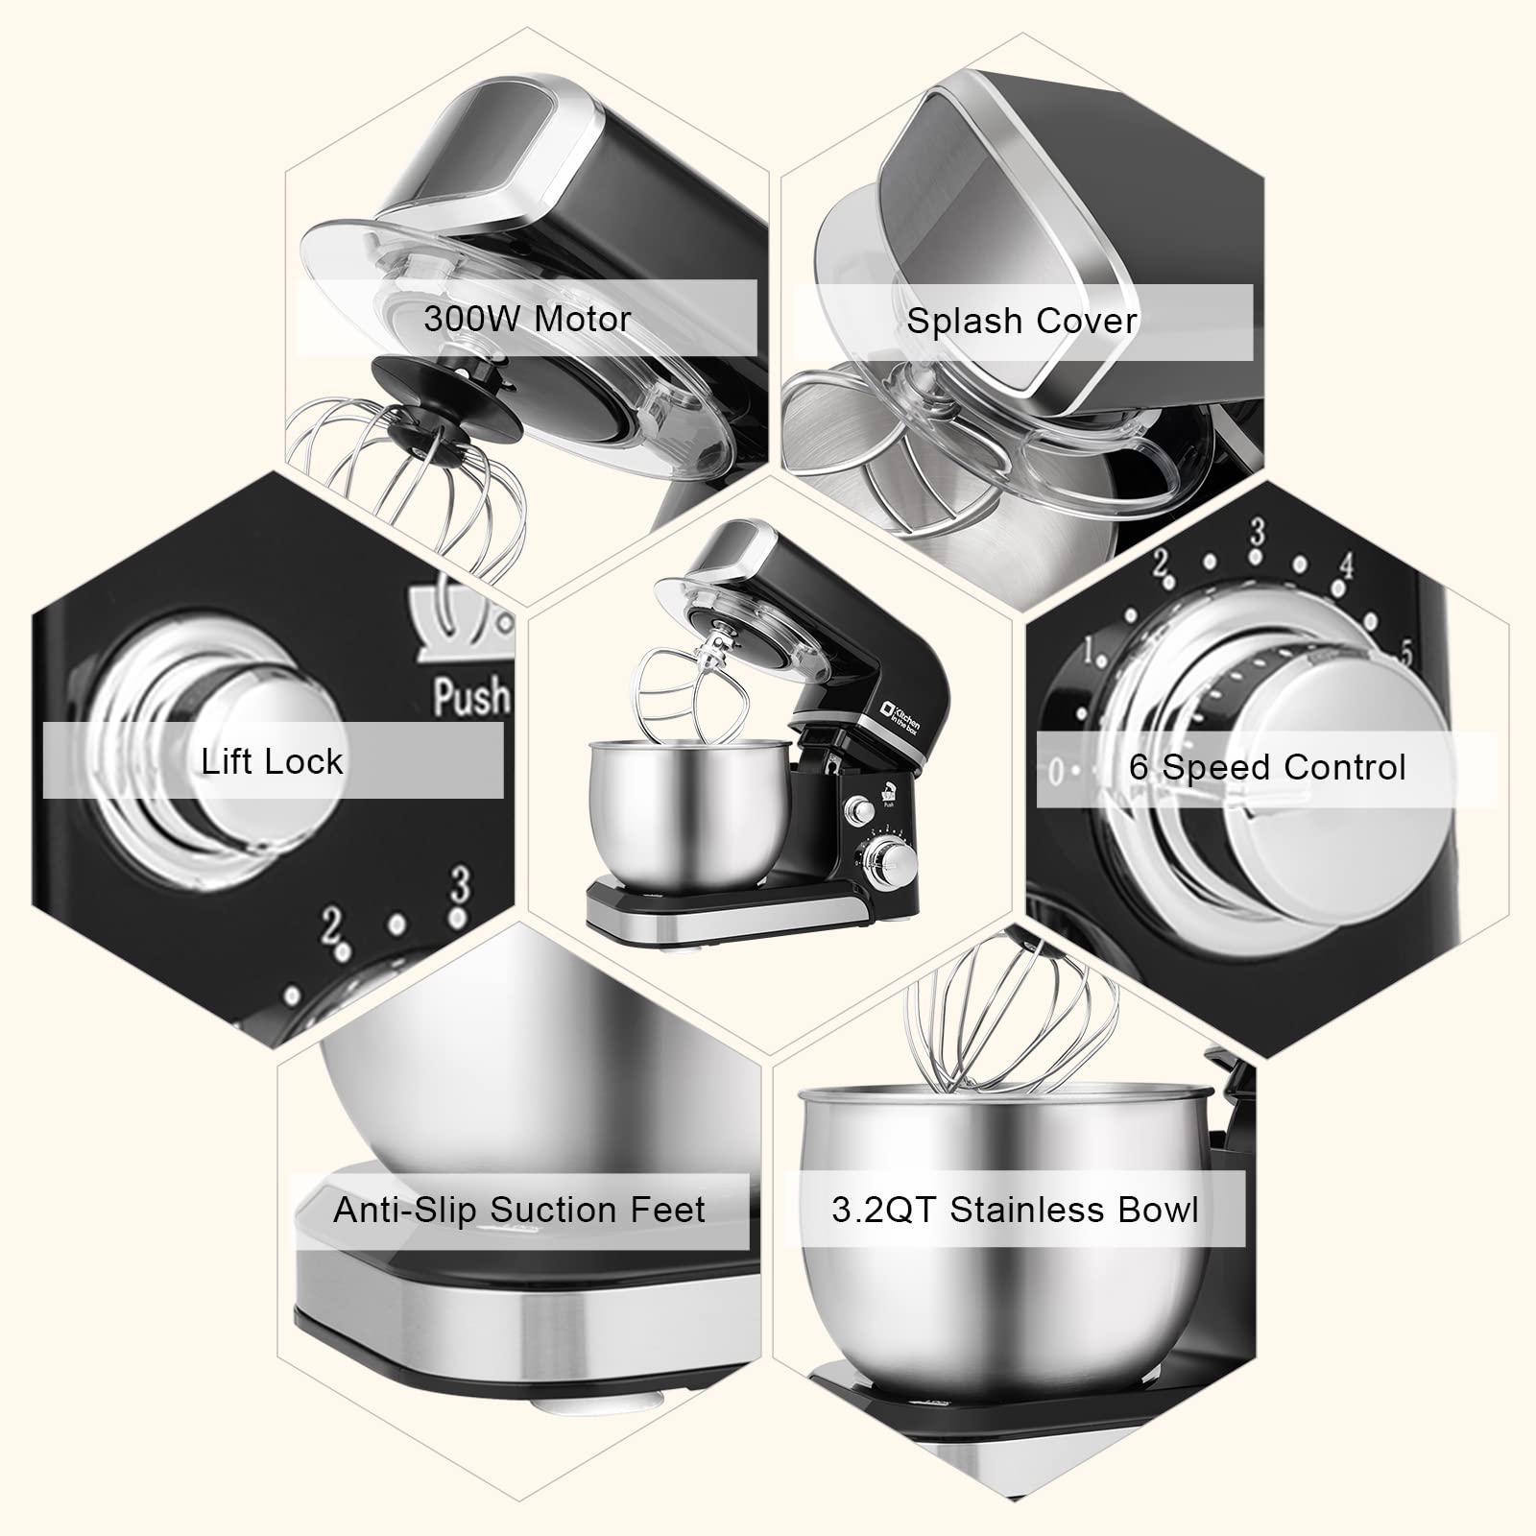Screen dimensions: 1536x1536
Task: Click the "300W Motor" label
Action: (527, 319)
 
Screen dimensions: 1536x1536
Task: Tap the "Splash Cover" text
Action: (1021, 321)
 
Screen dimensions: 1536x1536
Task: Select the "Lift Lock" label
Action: (272, 760)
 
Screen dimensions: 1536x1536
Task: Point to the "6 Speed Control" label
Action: (1267, 767)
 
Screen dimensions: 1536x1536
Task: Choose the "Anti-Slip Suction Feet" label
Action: (519, 1210)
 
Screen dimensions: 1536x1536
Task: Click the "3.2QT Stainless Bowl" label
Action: (1015, 1210)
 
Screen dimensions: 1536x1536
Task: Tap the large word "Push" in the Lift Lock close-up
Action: (470, 697)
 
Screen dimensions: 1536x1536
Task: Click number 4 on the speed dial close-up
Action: (1346, 566)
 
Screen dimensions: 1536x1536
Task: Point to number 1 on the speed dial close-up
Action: (1090, 653)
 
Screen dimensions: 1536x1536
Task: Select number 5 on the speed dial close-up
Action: (1405, 654)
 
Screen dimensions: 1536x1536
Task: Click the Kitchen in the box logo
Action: (900, 718)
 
